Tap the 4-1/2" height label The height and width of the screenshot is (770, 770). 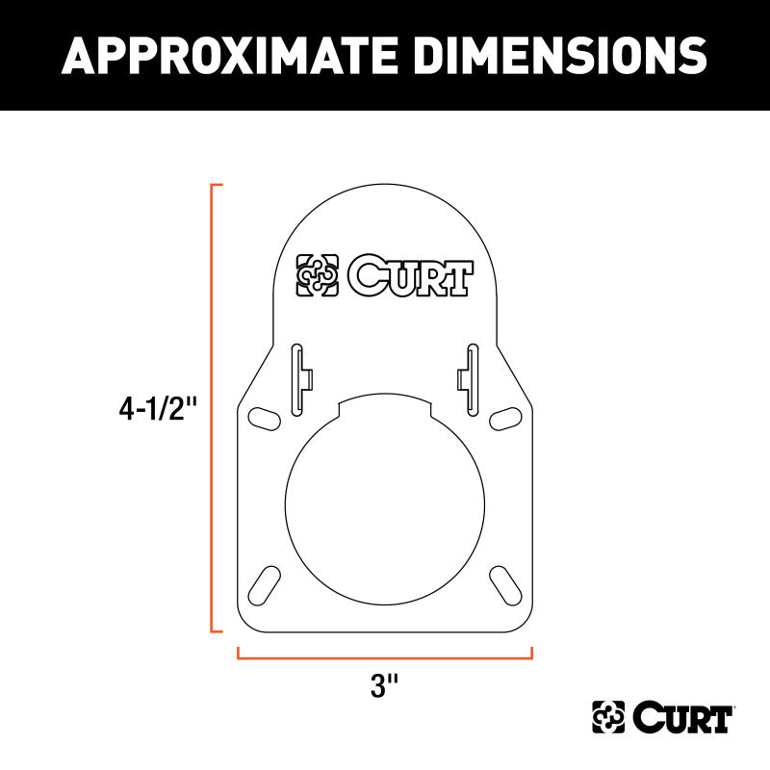coord(158,409)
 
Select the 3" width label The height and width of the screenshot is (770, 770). coord(384,686)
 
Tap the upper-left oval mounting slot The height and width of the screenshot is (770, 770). coord(260,418)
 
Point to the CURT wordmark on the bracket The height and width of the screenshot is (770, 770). coord(410,277)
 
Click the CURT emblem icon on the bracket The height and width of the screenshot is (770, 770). coord(317,277)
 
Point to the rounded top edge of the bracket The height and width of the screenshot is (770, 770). coord(384,186)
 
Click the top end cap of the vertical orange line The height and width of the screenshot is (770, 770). coord(217,183)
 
